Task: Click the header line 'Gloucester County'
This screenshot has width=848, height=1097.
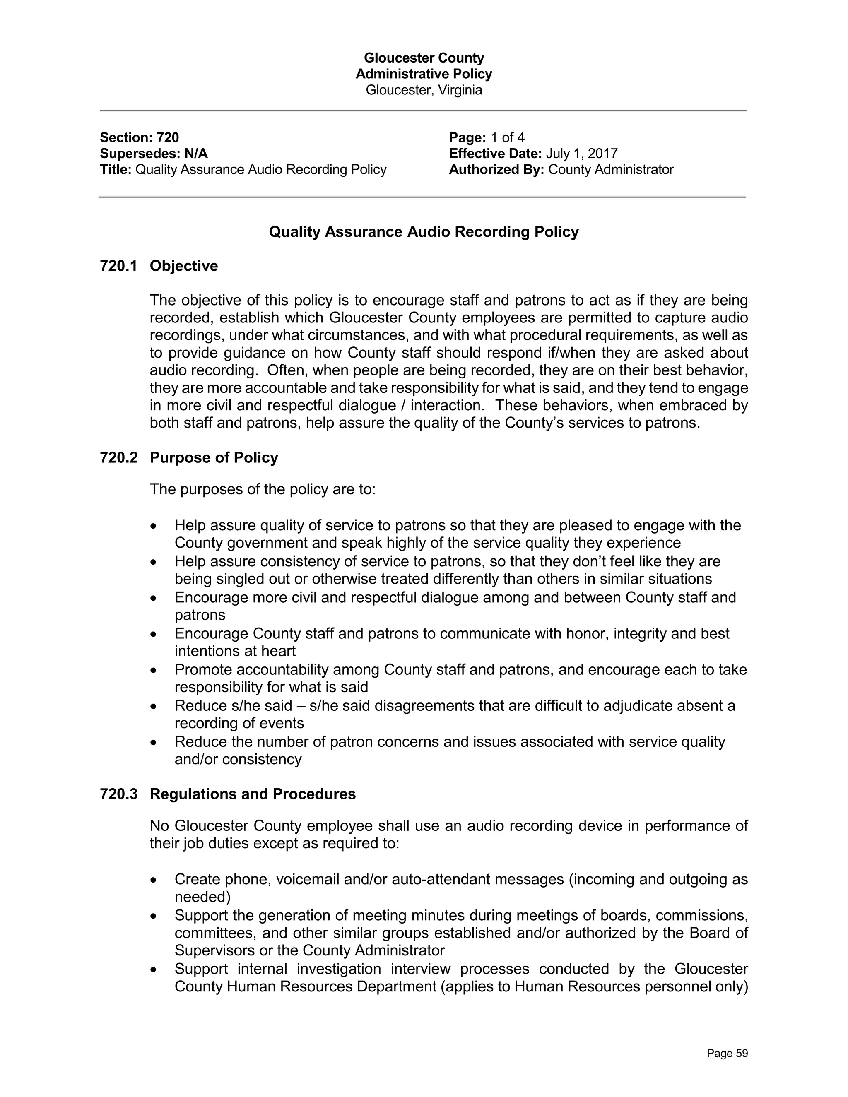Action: coord(424,58)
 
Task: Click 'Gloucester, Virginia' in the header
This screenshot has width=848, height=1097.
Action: coord(424,90)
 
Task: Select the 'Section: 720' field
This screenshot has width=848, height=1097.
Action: coord(139,137)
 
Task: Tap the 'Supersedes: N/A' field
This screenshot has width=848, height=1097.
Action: coord(154,154)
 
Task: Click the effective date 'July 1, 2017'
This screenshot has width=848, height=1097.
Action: coord(581,154)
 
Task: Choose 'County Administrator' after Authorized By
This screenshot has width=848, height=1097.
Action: coord(610,170)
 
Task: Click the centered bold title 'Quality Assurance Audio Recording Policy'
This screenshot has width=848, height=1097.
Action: coord(424,232)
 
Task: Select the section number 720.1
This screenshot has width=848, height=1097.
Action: coord(118,266)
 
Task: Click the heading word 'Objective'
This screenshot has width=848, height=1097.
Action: coord(184,266)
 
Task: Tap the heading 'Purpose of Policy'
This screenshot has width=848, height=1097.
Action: coord(214,457)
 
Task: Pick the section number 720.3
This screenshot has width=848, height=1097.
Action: coord(118,794)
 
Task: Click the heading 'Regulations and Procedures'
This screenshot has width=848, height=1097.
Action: coord(253,794)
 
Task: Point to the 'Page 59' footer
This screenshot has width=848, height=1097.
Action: coord(727,1054)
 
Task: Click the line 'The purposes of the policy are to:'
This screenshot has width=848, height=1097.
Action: coord(262,489)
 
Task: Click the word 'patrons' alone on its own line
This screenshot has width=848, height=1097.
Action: coord(200,615)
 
